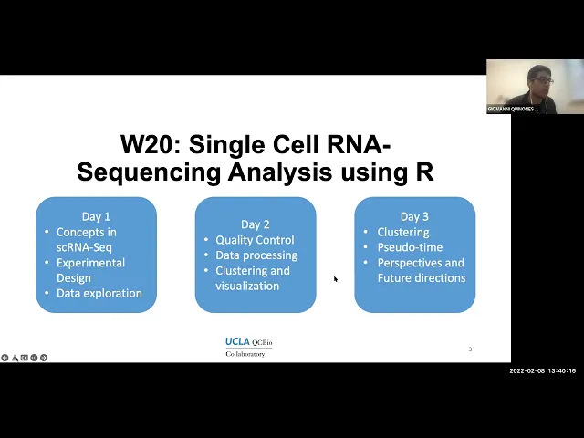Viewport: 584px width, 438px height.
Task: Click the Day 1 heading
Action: pyautogui.click(x=96, y=216)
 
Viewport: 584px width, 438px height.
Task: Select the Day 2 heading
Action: pyautogui.click(x=255, y=224)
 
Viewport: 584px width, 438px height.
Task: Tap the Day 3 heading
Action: pyautogui.click(x=414, y=216)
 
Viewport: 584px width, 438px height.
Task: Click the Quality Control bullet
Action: pyautogui.click(x=255, y=240)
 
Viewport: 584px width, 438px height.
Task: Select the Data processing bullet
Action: pyautogui.click(x=256, y=255)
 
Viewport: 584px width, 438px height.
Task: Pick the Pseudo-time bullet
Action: pyautogui.click(x=410, y=247)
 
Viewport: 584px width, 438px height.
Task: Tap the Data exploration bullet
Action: pyautogui.click(x=99, y=294)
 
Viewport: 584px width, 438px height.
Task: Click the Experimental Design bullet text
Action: pyautogui.click(x=90, y=270)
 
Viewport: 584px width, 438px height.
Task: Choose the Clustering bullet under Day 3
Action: pyautogui.click(x=403, y=232)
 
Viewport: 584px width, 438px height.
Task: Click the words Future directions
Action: pyautogui.click(x=422, y=278)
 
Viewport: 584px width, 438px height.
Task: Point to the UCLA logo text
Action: pyautogui.click(x=237, y=342)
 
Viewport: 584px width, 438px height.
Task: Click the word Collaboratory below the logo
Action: pyautogui.click(x=245, y=354)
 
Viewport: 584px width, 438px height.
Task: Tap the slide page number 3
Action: pyautogui.click(x=470, y=349)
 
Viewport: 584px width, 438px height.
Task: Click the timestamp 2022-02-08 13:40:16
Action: pyautogui.click(x=543, y=371)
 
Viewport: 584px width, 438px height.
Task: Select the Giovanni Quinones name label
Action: pyautogui.click(x=513, y=109)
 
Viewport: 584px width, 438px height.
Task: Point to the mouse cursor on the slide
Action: pyautogui.click(x=336, y=279)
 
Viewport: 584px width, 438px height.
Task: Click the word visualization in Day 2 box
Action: pyautogui.click(x=247, y=287)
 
